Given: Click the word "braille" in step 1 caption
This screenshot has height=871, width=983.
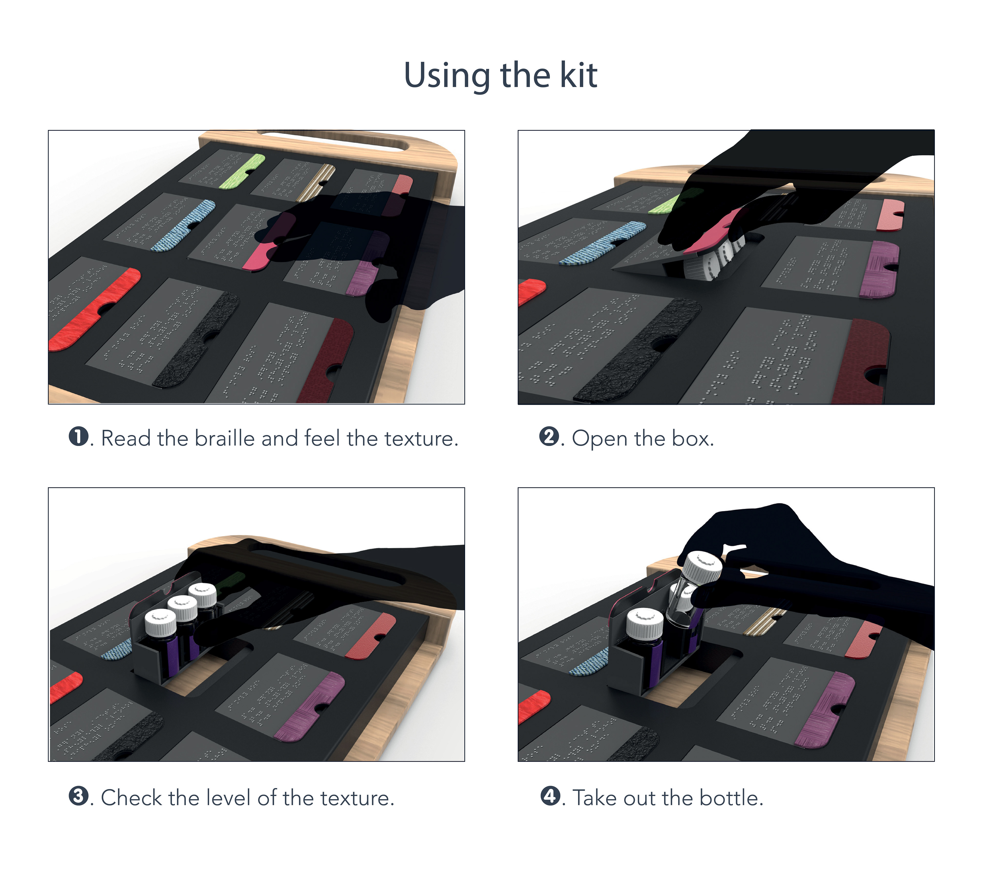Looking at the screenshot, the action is point(225,438).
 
